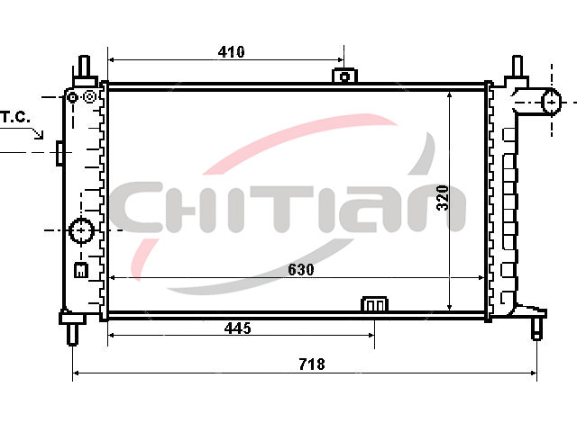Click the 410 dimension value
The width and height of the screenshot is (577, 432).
(x=231, y=52)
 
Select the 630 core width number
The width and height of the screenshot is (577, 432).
(x=301, y=269)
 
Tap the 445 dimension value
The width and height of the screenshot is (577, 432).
(x=238, y=328)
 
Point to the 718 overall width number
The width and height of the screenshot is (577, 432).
(x=312, y=364)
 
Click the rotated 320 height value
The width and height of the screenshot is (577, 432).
(x=443, y=198)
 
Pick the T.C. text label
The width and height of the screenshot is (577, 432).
(x=15, y=117)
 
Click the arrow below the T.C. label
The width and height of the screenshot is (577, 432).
(x=37, y=133)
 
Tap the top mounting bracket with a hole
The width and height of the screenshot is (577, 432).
(x=344, y=76)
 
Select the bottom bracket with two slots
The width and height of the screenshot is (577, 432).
(x=375, y=304)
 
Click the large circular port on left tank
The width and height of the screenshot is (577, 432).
(x=81, y=230)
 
